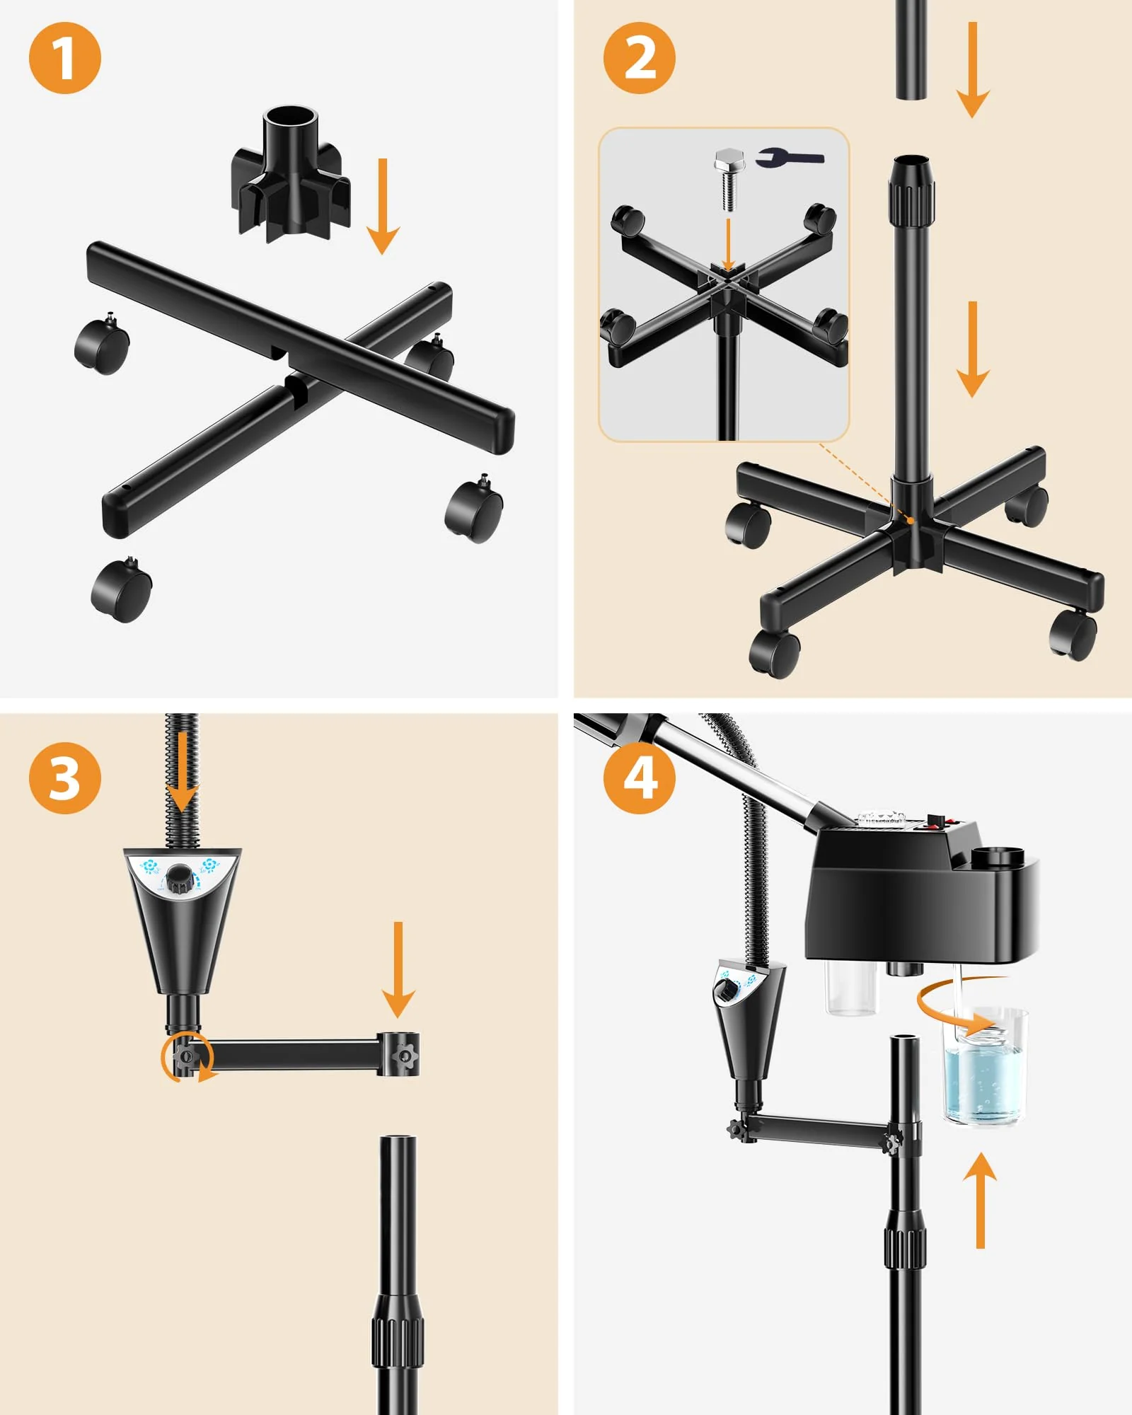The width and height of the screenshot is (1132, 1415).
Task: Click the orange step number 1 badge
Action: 65,58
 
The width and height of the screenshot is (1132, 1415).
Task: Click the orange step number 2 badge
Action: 640,58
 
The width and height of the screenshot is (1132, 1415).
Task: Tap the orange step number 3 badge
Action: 65,778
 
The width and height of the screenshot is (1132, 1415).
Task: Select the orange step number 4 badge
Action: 640,778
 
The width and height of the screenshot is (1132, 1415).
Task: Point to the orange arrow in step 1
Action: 383,206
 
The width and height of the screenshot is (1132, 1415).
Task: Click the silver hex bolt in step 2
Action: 729,180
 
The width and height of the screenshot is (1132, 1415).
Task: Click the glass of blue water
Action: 984,1065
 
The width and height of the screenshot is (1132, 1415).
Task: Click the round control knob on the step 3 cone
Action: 180,878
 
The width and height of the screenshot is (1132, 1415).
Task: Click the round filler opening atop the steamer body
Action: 998,854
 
